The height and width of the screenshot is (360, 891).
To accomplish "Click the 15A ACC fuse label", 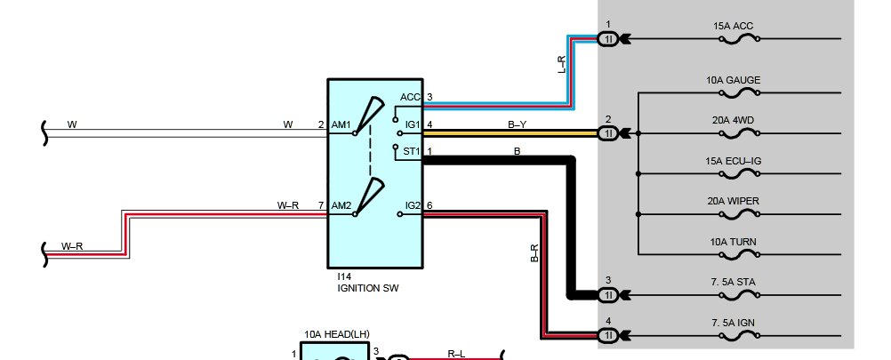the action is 733,26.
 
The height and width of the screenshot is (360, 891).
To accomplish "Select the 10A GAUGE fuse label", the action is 733,80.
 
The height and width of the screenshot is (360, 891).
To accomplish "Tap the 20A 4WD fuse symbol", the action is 739,134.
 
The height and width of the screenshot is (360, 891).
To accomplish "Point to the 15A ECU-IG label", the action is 733,161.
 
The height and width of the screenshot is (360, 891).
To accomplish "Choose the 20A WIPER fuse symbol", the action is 739,214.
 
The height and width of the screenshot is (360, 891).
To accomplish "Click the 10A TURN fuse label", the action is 733,242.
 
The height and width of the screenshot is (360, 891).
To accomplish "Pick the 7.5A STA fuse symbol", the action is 739,295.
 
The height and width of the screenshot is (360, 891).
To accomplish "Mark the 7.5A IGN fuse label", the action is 733,323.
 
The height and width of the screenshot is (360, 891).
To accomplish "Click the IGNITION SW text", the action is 368,288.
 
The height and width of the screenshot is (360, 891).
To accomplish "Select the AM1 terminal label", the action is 341,125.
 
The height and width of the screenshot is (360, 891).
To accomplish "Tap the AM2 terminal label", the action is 341,205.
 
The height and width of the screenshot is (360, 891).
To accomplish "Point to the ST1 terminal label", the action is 412,152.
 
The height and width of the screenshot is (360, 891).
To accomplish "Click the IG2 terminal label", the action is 413,205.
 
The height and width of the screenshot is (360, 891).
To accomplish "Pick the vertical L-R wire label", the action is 561,64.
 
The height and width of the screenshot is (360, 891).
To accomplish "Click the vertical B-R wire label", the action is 534,253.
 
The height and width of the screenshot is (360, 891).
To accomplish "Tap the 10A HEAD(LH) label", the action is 337,335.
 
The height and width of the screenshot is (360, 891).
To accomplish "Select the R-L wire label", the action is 456,354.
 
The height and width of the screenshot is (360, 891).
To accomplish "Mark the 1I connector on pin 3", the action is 608,295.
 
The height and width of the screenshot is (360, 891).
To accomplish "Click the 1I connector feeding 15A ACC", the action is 608,39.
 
